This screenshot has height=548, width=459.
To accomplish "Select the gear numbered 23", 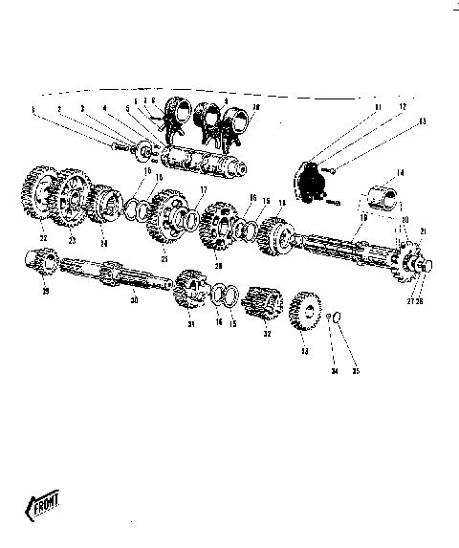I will click(x=69, y=198).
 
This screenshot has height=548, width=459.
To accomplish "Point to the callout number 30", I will click(x=133, y=301).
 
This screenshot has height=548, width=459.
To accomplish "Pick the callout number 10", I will click(x=254, y=108).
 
